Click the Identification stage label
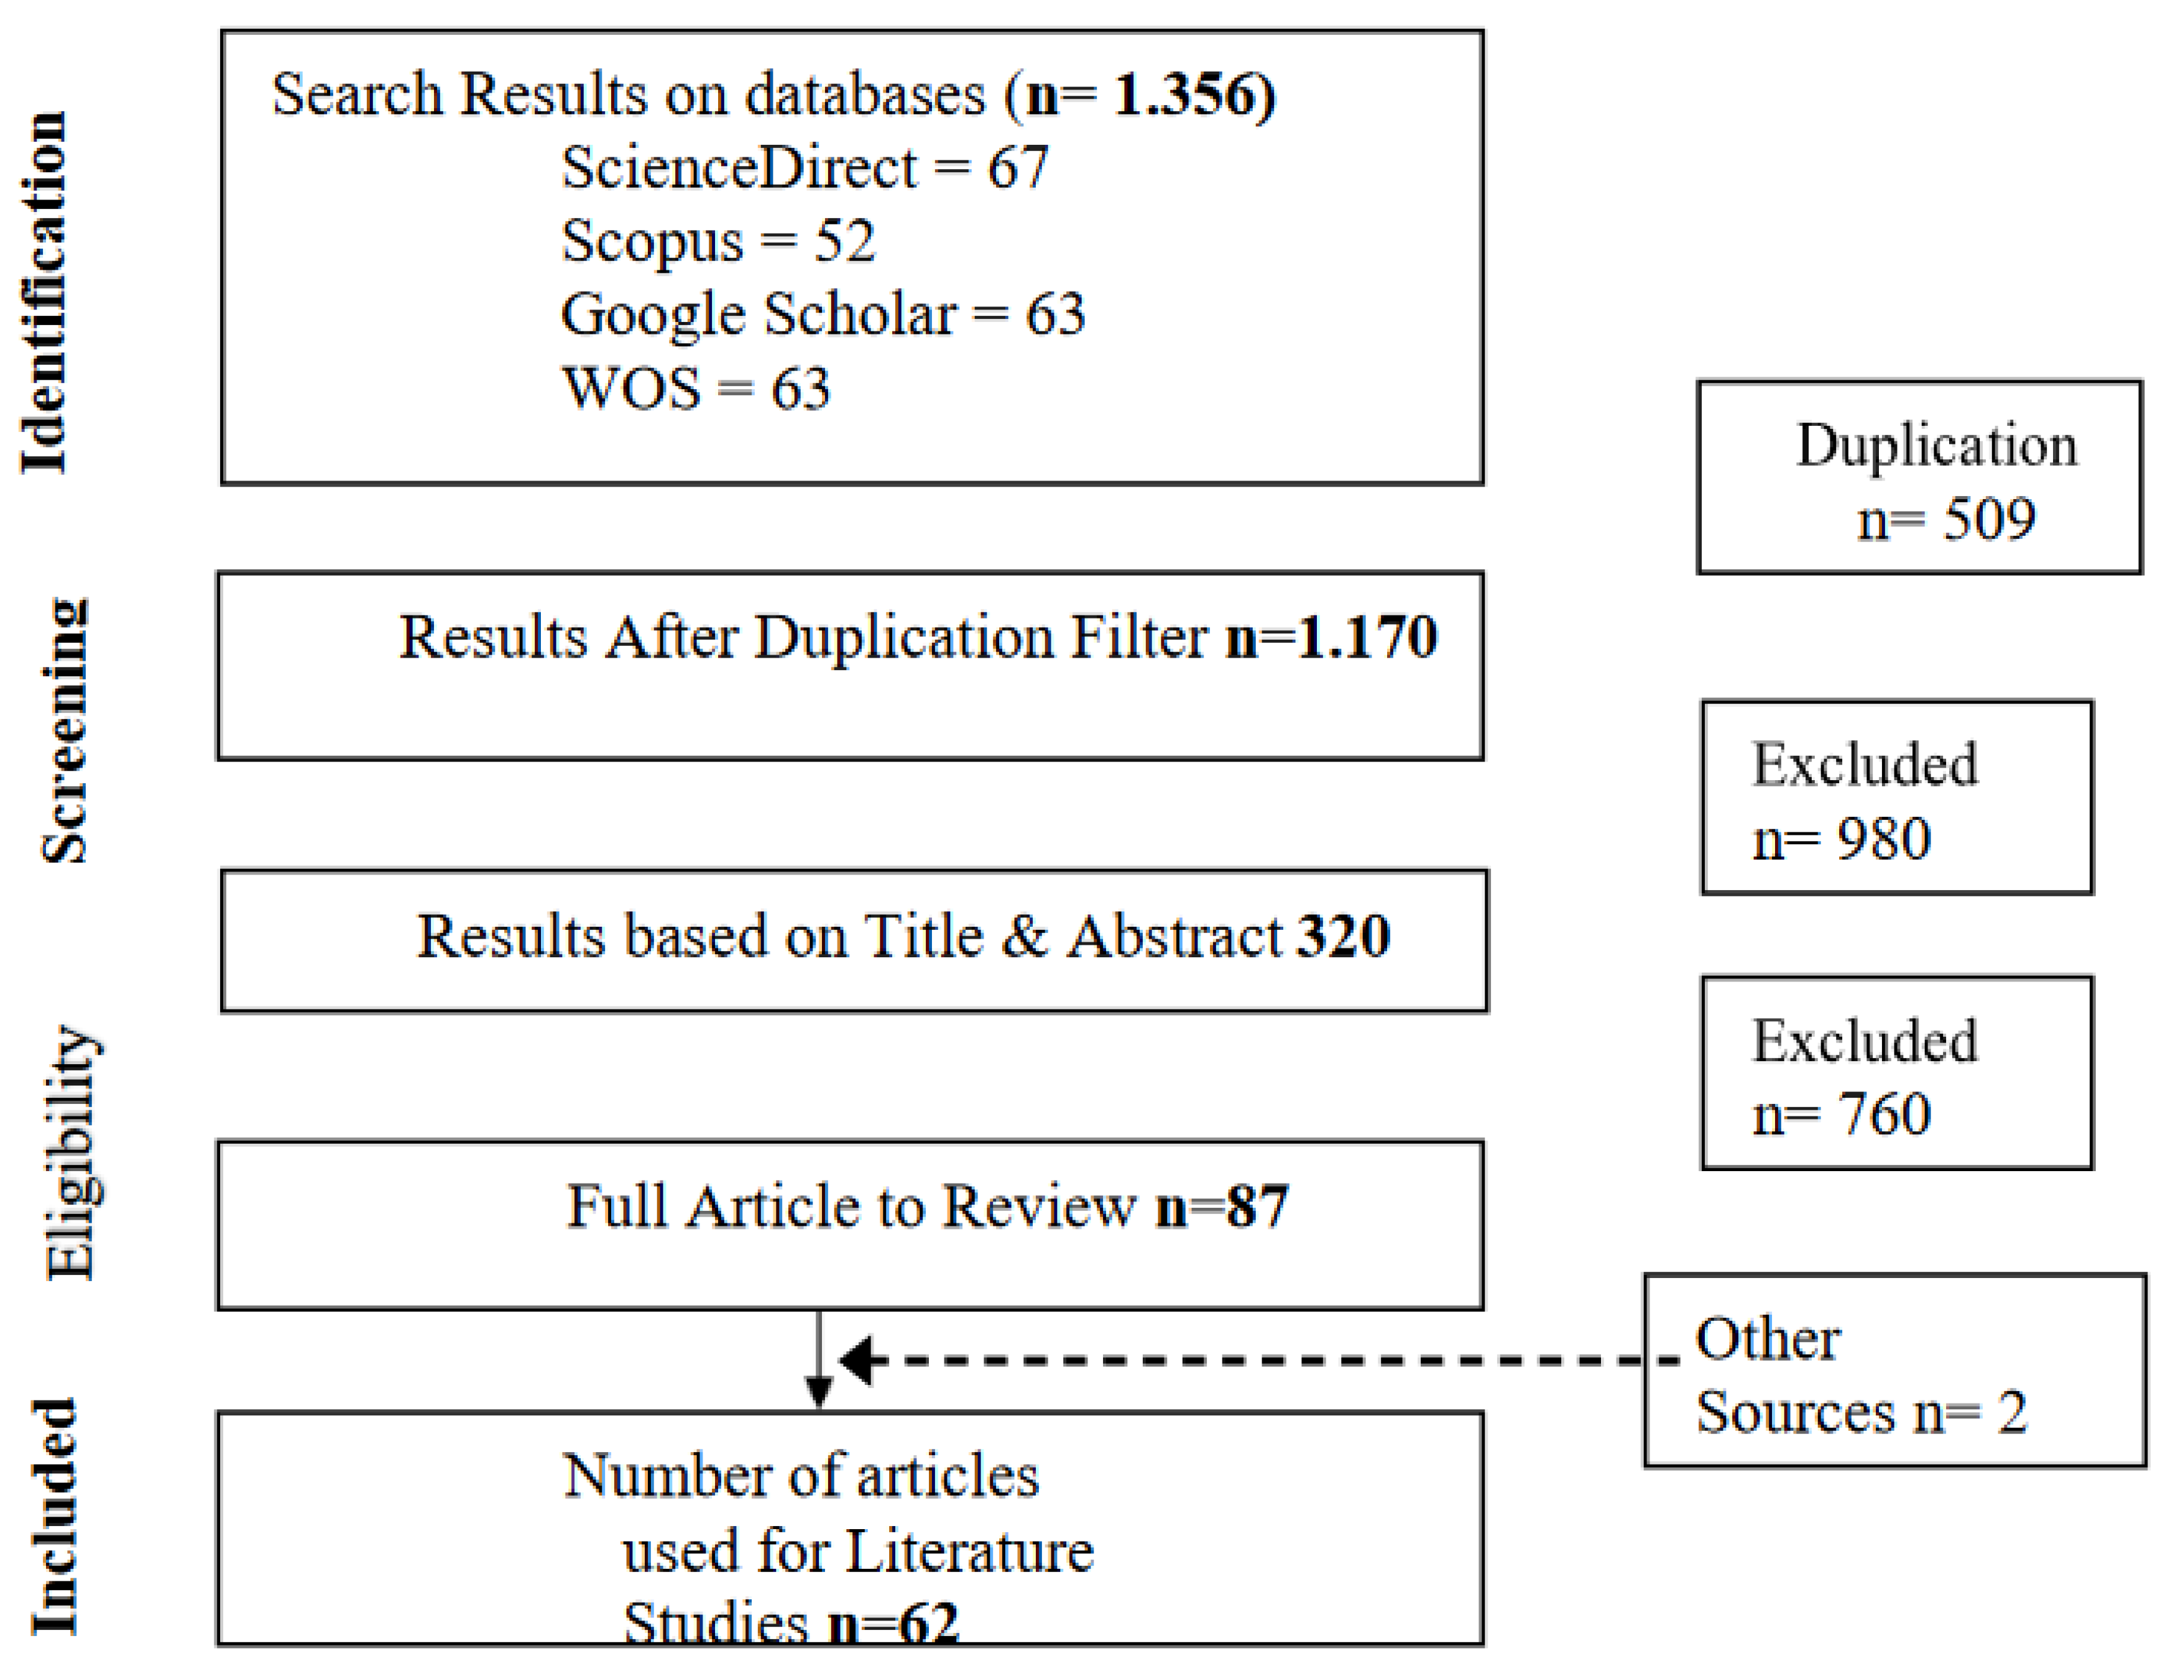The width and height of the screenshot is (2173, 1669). click(45, 292)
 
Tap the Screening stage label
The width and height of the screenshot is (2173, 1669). click(65, 731)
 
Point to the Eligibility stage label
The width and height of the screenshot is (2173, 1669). click(72, 1152)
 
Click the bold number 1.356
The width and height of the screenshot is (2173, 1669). click(1193, 95)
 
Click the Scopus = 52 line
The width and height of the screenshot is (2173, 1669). click(717, 241)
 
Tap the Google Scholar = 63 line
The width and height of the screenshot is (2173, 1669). click(823, 314)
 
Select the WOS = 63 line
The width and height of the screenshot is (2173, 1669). click(696, 387)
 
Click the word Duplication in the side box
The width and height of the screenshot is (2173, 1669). click(1935, 445)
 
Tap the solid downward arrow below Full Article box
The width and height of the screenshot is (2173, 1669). click(818, 1361)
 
